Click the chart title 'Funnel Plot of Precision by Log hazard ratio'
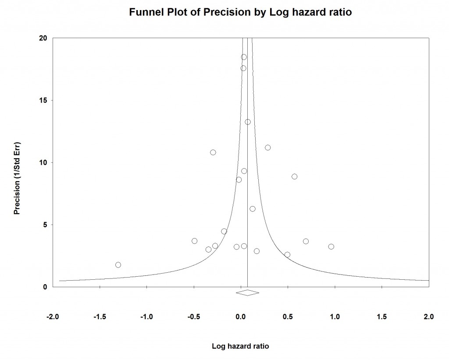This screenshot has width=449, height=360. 240,13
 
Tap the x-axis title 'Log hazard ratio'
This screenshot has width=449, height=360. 240,346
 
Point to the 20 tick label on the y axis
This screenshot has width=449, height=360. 43,38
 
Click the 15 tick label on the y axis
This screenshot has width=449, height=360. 43,100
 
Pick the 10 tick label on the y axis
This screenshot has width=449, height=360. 43,163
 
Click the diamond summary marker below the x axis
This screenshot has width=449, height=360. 247,292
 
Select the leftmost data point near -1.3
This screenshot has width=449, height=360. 118,265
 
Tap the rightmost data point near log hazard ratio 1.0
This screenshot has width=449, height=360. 331,246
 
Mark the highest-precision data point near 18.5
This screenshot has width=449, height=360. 244,57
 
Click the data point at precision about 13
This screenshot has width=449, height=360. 248,122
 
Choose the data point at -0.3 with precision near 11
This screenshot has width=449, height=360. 213,152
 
